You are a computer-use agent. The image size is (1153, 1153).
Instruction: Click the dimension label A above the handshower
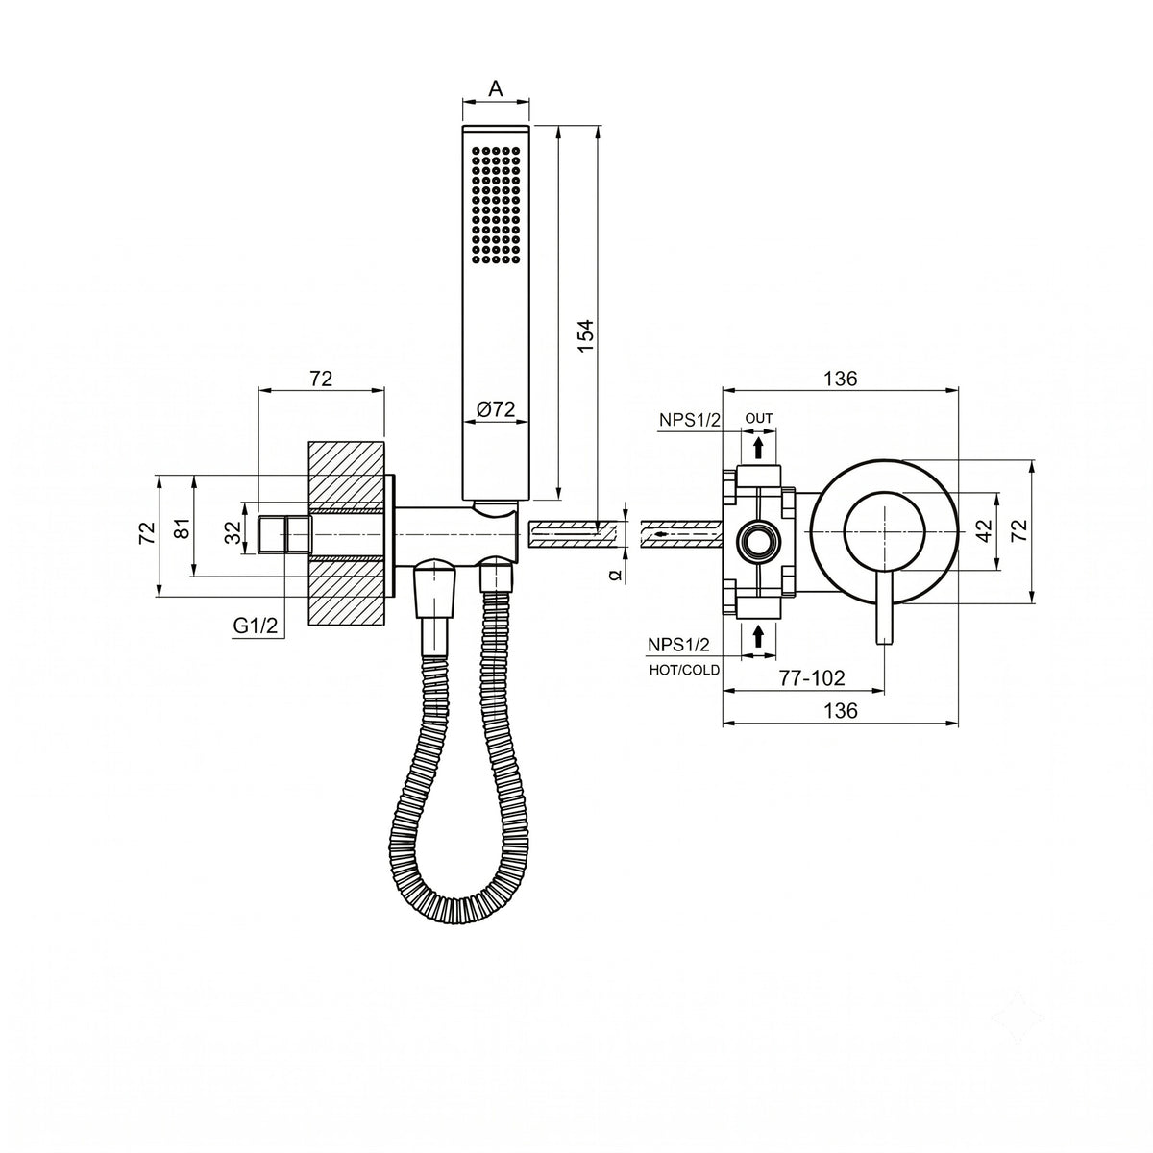pyautogui.click(x=496, y=88)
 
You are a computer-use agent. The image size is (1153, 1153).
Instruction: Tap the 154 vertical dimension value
pyautogui.click(x=587, y=334)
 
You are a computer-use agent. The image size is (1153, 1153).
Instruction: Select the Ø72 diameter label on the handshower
pyautogui.click(x=496, y=409)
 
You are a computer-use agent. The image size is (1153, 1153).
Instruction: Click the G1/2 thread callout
pyautogui.click(x=256, y=626)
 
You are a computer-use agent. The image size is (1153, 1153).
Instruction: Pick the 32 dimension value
pyautogui.click(x=233, y=529)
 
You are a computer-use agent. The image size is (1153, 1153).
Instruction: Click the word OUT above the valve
pyautogui.click(x=759, y=418)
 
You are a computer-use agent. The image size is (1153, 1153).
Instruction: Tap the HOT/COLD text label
pyautogui.click(x=684, y=670)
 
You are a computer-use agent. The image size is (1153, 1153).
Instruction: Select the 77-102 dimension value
pyautogui.click(x=811, y=678)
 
